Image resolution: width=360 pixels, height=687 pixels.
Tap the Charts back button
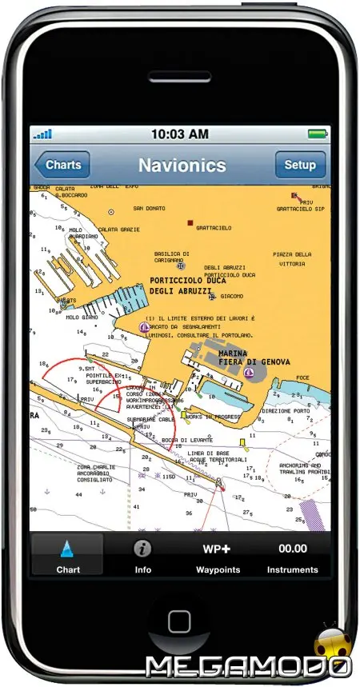62,166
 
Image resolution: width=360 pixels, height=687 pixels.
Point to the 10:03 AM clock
179,134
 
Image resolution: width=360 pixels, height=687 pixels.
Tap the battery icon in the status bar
318,134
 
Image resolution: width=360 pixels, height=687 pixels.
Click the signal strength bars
42,134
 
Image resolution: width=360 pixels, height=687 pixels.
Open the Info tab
142,556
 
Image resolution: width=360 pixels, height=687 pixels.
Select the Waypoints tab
218,556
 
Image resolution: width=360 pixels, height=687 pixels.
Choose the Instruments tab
292,556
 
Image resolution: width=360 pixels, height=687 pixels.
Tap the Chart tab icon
67,549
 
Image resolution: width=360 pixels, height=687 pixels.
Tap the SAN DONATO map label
149,209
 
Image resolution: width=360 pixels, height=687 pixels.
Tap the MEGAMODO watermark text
249,665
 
